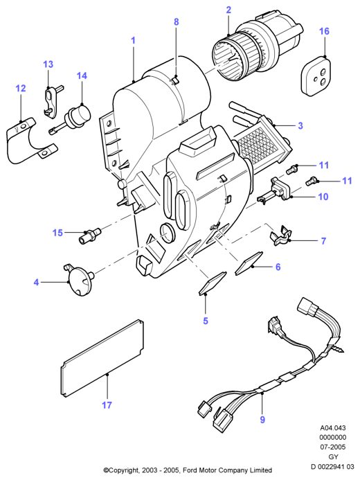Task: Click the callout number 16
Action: [324, 31]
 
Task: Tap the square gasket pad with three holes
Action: [316, 76]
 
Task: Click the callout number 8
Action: [176, 22]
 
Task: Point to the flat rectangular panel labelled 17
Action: [102, 358]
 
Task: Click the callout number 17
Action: [107, 405]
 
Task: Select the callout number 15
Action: [57, 233]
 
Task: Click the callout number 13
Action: [48, 64]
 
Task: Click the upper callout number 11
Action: [323, 166]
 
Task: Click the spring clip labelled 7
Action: [280, 235]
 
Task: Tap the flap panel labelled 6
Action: [249, 263]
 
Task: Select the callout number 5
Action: [206, 321]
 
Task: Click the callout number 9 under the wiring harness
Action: [262, 420]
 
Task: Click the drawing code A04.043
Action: [333, 427]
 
